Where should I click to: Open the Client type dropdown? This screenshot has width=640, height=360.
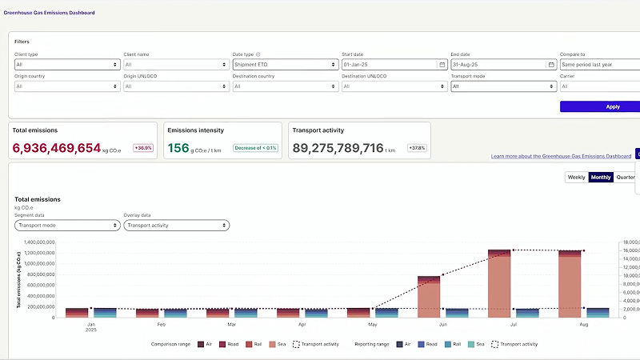[66, 64]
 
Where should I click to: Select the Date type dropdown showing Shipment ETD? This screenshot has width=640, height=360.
[285, 64]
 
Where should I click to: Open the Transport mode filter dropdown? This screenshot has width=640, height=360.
[502, 86]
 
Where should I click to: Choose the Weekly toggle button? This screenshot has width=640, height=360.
[576, 177]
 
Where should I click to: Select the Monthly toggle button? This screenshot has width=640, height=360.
[601, 177]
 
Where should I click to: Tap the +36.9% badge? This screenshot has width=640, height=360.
[143, 148]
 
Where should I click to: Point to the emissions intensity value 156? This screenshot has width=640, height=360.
[178, 148]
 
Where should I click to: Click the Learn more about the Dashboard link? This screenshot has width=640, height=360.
[561, 156]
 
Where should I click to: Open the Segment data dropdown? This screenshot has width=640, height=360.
[66, 226]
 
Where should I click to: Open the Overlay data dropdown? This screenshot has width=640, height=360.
[176, 226]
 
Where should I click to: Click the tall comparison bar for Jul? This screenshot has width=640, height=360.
[499, 284]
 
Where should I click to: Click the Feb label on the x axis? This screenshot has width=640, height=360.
[162, 325]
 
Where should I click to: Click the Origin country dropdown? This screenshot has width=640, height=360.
[66, 86]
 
